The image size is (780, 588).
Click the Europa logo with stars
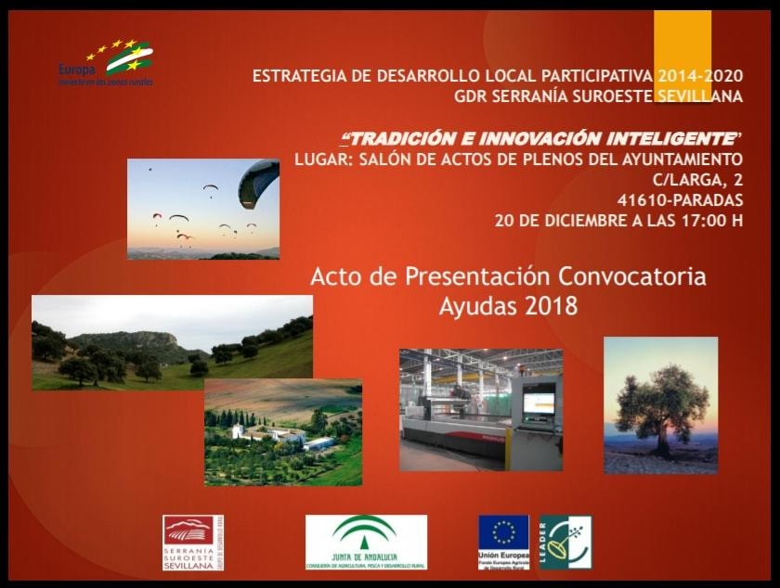pos(106,63)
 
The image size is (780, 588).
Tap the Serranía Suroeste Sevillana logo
pos(193,542)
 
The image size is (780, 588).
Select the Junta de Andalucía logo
pos(366,542)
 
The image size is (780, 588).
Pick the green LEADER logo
pos(565,542)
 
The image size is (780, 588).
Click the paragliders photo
pos(202,209)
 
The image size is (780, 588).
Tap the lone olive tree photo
pos(660,405)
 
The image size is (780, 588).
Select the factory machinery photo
pos(480,409)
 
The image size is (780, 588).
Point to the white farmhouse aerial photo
pos(282,431)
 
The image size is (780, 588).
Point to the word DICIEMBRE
pos(573,221)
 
